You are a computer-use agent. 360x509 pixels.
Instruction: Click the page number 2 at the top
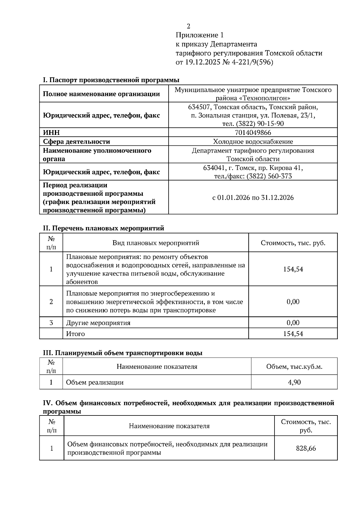point(188,26)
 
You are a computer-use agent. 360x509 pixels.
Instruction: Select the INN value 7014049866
point(253,132)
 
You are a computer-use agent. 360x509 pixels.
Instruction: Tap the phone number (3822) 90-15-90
point(260,124)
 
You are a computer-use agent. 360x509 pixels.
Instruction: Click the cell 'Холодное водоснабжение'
point(253,141)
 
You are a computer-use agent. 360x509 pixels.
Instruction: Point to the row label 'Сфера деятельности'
point(76,141)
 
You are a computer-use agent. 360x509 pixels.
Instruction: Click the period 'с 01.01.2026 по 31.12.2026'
point(253,198)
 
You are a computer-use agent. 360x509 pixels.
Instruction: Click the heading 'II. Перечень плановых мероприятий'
point(103,228)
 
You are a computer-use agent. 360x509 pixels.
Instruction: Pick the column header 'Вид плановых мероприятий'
point(156,243)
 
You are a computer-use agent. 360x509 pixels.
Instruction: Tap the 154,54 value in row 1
point(293,269)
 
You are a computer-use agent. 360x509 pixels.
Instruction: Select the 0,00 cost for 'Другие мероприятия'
point(293,323)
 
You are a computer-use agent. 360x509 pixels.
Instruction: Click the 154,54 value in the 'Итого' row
point(293,334)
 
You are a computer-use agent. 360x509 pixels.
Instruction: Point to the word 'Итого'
point(75,334)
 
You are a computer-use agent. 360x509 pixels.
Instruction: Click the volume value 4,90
point(294,382)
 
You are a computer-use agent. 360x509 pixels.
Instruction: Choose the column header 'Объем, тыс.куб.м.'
point(294,366)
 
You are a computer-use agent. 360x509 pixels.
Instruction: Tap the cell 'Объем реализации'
point(95,382)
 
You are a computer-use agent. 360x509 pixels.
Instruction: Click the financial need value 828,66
point(306,448)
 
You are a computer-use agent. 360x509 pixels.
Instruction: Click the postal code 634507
point(199,107)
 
